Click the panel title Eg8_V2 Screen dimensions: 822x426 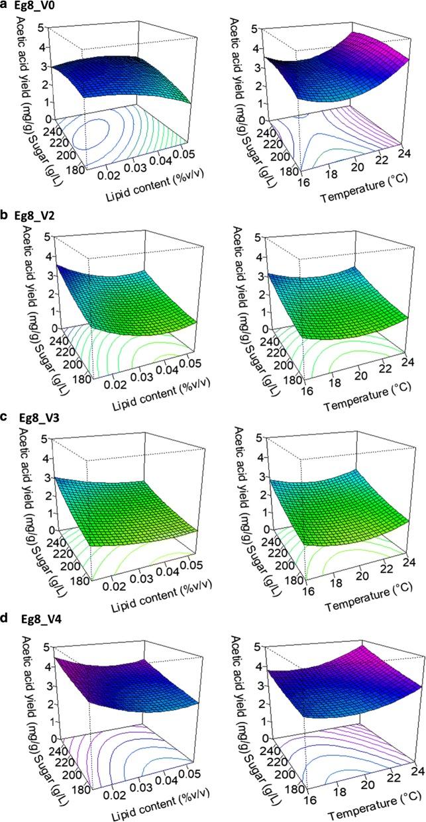[34, 213]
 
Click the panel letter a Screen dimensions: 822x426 [5, 6]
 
